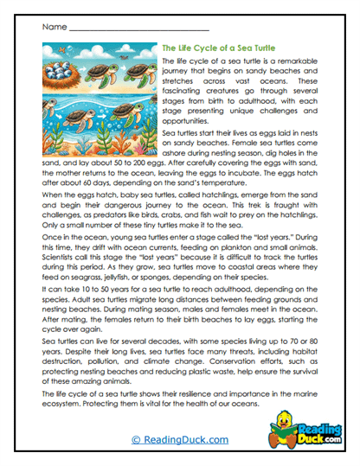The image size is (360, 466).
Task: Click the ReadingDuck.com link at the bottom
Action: [x=179, y=440]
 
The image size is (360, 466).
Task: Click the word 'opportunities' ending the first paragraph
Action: [x=188, y=124]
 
